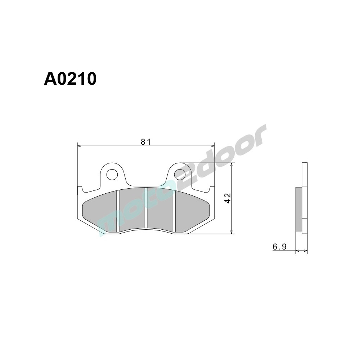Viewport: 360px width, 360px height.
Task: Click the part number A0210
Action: coord(70,79)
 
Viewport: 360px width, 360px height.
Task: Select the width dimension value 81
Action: coord(145,142)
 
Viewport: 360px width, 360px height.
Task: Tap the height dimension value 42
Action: coord(227,198)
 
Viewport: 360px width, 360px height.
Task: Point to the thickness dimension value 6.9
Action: coord(279,247)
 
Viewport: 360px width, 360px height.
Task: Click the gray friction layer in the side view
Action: coord(298,210)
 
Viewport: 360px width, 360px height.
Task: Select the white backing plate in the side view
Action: coord(305,180)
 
